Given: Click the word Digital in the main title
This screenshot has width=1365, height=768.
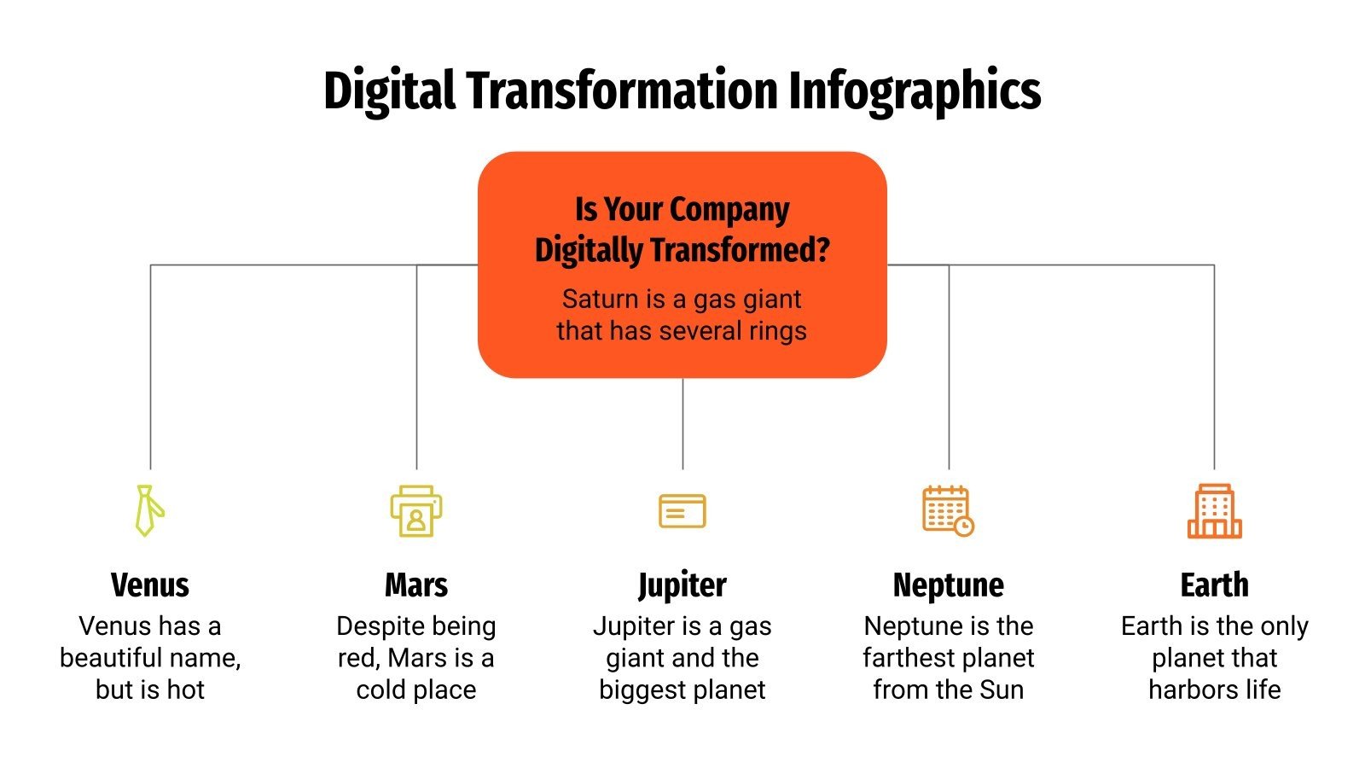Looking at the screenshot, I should pyautogui.click(x=389, y=91).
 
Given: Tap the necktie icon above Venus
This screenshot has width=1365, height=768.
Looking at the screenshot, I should pyautogui.click(x=148, y=510).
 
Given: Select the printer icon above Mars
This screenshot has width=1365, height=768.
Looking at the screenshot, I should pyautogui.click(x=416, y=511).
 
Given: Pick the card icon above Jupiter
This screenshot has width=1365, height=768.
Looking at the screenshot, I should pyautogui.click(x=682, y=511).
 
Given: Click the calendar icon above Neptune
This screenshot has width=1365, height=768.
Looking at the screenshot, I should pyautogui.click(x=948, y=511).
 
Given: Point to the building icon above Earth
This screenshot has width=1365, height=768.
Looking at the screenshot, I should pyautogui.click(x=1214, y=511).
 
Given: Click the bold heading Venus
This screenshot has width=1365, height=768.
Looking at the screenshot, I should pyautogui.click(x=150, y=585).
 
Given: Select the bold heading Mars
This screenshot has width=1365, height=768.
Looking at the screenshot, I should pyautogui.click(x=416, y=585).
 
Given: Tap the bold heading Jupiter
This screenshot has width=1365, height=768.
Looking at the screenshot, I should pyautogui.click(x=682, y=585).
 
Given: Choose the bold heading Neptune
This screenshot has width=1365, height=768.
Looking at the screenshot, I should pyautogui.click(x=949, y=585).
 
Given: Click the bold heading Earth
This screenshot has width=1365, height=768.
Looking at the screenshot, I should pyautogui.click(x=1214, y=585).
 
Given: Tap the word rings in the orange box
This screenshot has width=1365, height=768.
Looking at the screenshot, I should pyautogui.click(x=777, y=331).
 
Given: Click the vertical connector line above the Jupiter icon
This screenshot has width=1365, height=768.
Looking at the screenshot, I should pyautogui.click(x=682, y=422).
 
